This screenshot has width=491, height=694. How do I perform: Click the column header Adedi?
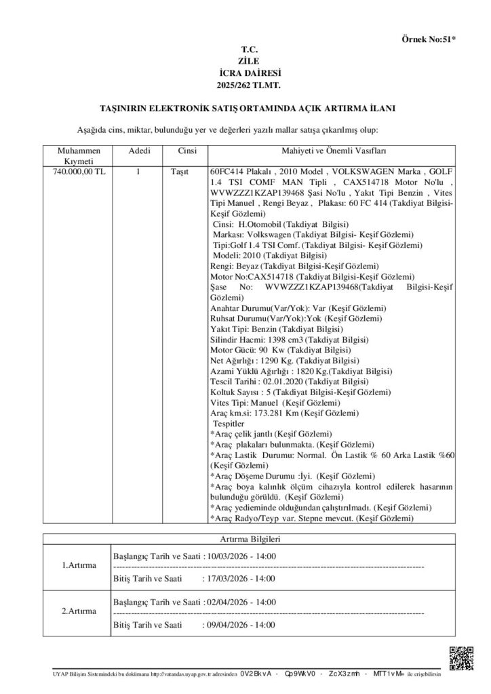click(x=139, y=151)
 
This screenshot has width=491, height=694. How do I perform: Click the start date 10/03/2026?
click(x=229, y=556)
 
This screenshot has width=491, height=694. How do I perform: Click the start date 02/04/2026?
click(x=229, y=602)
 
